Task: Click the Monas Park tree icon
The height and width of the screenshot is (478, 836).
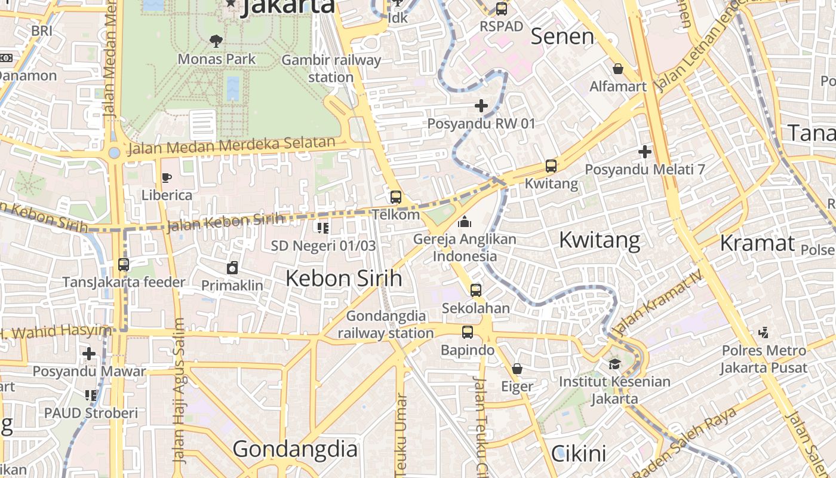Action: [x=216, y=41]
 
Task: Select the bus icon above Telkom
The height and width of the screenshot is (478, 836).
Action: [x=395, y=197]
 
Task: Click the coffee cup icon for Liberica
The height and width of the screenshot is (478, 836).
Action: [x=167, y=177]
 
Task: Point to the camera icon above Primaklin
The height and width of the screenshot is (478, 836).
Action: [x=232, y=268]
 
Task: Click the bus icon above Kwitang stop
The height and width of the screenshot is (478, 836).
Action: [x=551, y=166]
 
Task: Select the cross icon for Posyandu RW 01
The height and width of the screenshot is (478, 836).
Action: [x=481, y=106]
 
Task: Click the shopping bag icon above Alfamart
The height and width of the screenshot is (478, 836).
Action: [x=618, y=69]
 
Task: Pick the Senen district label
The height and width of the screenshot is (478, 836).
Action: [x=563, y=36]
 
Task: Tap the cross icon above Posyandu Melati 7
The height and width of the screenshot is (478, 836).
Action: [x=644, y=152]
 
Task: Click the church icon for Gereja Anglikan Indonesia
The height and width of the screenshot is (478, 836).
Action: [x=465, y=222]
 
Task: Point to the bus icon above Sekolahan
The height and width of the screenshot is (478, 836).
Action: [x=475, y=290]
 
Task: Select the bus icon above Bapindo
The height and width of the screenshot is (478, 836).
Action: [x=468, y=332]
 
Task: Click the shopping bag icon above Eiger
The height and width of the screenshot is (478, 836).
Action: [x=517, y=369]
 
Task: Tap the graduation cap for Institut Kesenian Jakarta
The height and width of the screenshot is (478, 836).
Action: [x=614, y=364]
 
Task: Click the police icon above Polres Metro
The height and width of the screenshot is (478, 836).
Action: [x=763, y=333]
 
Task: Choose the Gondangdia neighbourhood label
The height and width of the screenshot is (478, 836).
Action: [x=295, y=449]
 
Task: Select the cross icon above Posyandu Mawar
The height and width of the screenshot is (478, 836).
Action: [x=89, y=354]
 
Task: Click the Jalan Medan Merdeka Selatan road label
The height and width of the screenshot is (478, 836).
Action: [x=231, y=145]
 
